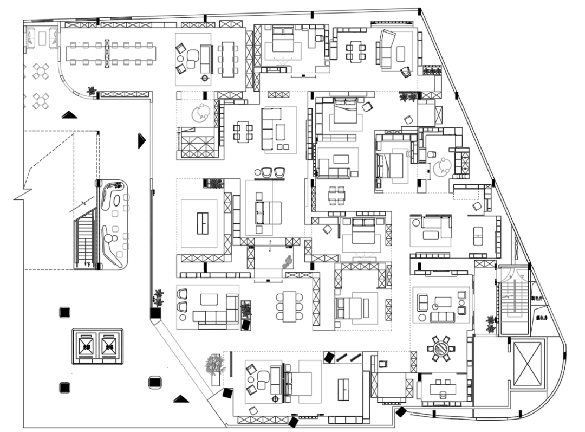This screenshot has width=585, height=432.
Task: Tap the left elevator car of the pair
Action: (85, 346)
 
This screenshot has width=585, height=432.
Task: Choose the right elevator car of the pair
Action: (109, 346)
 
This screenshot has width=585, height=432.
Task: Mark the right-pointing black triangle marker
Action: (141, 140)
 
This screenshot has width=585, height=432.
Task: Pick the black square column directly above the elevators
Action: (64, 313)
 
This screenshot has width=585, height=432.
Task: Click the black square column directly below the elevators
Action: (64, 387)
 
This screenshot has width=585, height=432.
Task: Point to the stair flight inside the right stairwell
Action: (512, 301)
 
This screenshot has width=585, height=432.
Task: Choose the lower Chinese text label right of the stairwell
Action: (540, 318)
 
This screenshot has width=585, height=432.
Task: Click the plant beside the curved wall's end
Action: (92, 91)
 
